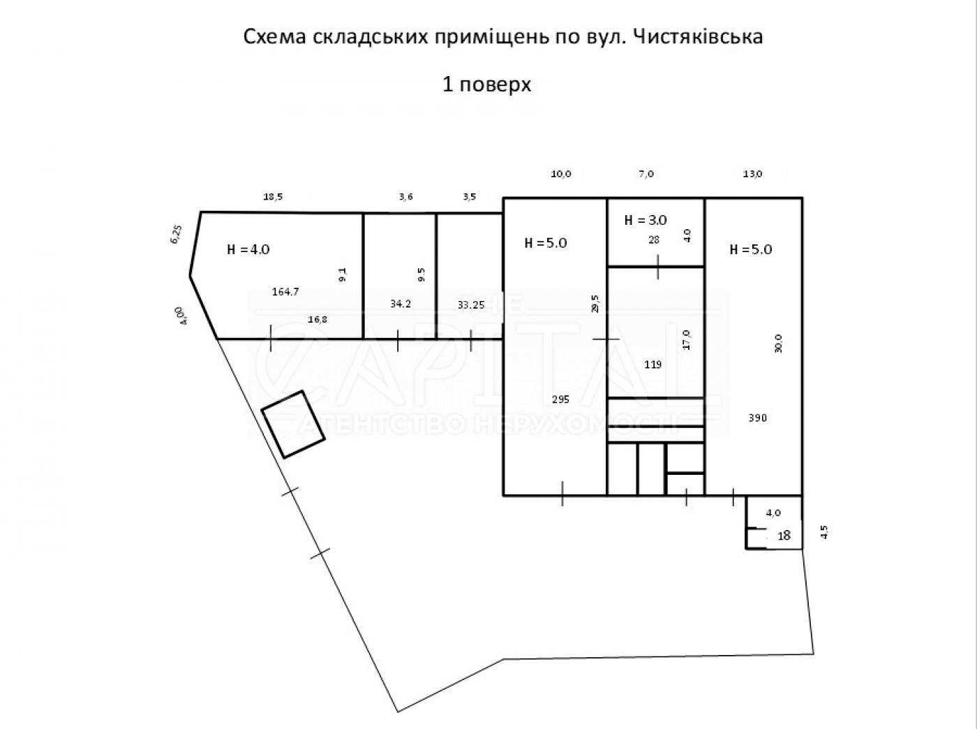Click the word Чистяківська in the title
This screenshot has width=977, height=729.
point(698,37)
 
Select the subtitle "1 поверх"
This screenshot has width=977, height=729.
point(487,84)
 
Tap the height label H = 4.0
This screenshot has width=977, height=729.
point(248,249)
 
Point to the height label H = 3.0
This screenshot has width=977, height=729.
point(646,220)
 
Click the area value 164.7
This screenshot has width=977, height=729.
point(285,292)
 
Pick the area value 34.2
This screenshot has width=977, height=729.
point(401,304)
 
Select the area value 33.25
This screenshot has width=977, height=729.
point(471,304)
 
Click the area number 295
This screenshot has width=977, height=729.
point(560,399)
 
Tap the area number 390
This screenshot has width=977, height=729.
point(758,418)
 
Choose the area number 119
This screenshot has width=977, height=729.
point(653,364)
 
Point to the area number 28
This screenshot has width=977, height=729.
point(654,240)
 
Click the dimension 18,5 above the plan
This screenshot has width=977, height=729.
point(273,196)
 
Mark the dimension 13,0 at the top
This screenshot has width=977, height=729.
point(752,174)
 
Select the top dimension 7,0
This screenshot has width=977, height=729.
point(646,174)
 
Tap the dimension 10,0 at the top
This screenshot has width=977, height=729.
point(561,174)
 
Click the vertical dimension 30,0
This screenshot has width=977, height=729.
point(778,344)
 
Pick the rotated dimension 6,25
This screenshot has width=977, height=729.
point(177,234)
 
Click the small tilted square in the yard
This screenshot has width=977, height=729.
point(293,425)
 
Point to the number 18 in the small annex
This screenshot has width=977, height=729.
point(784,536)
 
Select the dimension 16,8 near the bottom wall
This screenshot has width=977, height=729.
point(318,319)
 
